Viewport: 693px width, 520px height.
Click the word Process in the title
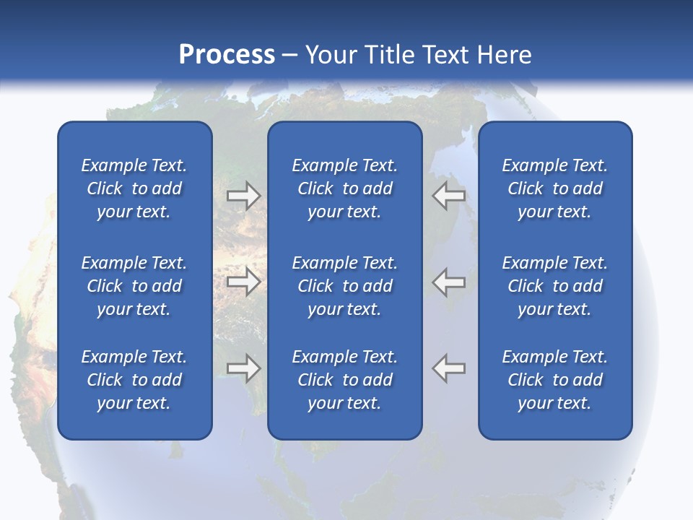227,55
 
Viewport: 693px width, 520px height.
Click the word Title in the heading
391,55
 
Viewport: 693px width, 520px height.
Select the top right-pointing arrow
243,196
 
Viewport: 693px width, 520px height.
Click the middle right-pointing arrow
243,282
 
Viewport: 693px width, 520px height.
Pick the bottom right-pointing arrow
243,368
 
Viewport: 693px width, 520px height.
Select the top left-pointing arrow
449,196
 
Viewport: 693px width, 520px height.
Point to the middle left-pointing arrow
449,282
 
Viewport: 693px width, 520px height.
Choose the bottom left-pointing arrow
449,368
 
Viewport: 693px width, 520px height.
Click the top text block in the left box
134,188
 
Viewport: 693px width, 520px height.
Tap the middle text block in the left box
134,286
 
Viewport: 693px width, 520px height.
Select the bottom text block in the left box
134,380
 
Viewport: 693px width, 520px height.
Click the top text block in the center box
344,188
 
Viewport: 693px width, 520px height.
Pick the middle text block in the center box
344,286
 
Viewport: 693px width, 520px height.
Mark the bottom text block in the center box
344,380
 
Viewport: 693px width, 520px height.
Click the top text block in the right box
554,188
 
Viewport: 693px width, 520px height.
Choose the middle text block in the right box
554,286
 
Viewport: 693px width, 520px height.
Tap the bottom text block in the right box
554,380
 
